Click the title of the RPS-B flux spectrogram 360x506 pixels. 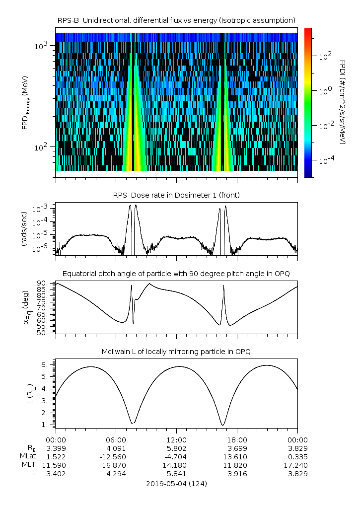click(176, 20)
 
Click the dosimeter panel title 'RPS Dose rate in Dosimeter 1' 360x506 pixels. click(176, 195)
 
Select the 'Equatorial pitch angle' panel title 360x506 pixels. click(176, 274)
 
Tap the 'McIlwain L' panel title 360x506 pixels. click(176, 352)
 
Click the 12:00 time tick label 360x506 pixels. click(176, 439)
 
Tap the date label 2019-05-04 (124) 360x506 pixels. click(176, 483)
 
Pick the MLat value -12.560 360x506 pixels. click(116, 456)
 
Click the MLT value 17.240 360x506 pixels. click(297, 465)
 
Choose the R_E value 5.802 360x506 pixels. click(176, 448)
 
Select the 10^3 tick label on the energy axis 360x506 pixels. click(41, 46)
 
